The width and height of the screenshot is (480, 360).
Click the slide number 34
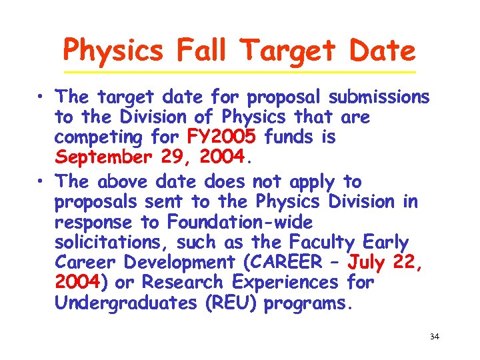point(434,337)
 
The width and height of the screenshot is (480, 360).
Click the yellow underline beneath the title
point(239,72)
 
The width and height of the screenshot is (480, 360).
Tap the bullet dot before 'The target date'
point(41,98)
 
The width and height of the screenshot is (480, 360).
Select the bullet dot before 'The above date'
point(41,181)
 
